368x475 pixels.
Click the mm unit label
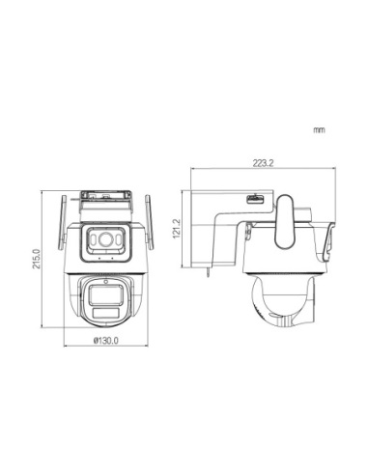(319, 128)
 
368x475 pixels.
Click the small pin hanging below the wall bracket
(209, 274)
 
